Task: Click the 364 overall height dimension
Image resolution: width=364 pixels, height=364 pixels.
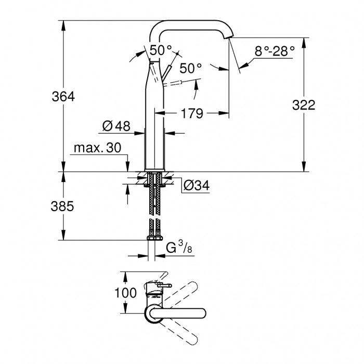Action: point(63,97)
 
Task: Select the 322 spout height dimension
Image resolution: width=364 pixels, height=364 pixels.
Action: point(304,105)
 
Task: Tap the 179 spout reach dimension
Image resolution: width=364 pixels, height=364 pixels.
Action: point(192,113)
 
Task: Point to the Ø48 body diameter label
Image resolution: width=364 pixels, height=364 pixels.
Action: point(116,126)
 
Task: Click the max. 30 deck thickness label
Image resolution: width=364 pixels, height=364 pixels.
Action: point(98,148)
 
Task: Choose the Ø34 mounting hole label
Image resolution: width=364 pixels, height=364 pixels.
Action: point(197,186)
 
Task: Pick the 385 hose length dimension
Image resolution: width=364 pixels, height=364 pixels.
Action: point(62,206)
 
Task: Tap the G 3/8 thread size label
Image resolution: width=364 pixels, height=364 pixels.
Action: point(179,247)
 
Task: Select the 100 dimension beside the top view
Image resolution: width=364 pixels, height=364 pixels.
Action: point(126,293)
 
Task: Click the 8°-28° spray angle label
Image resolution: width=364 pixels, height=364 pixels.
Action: point(275,51)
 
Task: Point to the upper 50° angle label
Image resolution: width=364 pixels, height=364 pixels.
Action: point(161,50)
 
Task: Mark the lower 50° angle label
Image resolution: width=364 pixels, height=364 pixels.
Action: point(191,68)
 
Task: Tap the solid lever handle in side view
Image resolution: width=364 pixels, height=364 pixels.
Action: point(167,72)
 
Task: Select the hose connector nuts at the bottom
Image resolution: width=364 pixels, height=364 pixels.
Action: point(155,237)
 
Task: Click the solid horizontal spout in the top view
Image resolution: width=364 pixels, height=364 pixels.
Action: point(178,313)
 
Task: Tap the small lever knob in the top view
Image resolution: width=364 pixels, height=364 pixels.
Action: point(164,285)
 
